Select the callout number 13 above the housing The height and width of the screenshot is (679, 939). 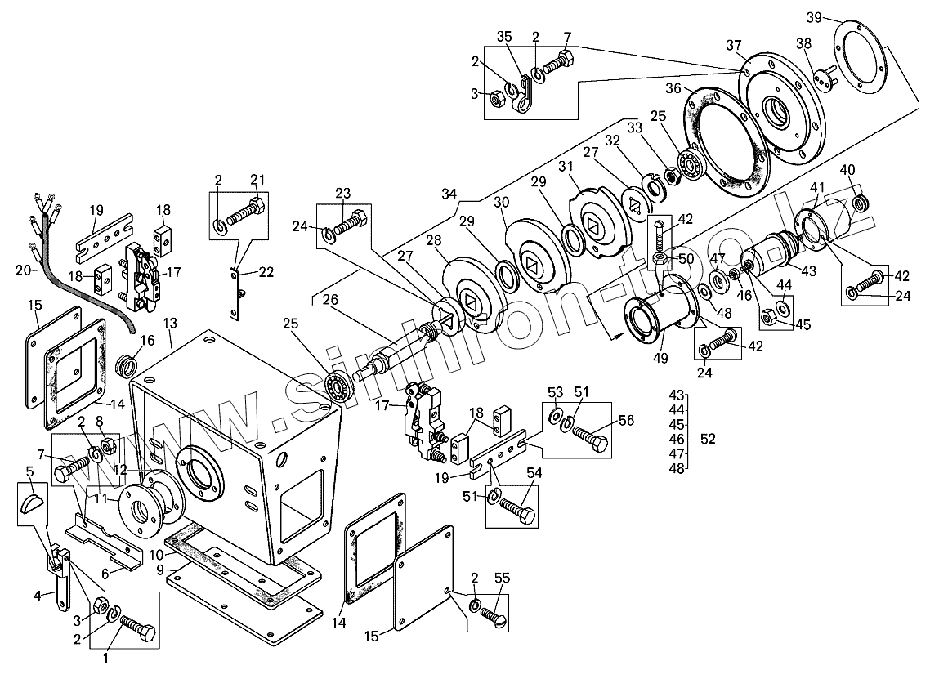click(170, 324)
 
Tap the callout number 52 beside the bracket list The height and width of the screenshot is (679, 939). click(708, 439)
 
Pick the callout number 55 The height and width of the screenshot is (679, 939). click(503, 578)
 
